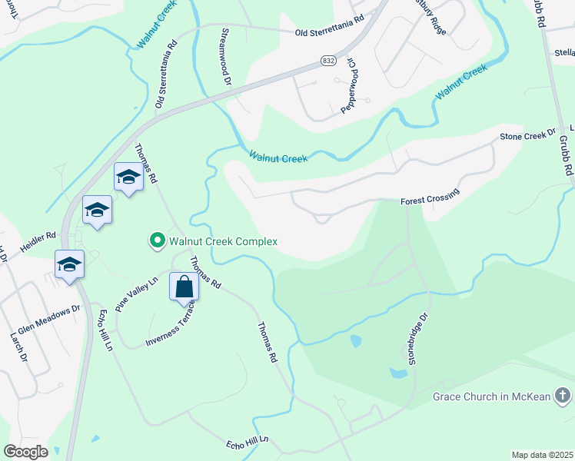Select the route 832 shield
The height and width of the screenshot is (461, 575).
[x=327, y=59]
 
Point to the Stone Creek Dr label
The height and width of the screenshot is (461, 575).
[x=527, y=134]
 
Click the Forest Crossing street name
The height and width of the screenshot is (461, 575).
[x=430, y=196]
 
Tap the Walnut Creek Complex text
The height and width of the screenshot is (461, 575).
[x=223, y=241]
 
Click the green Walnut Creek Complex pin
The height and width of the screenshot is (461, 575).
[x=158, y=241]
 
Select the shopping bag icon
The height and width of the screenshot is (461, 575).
[x=184, y=287]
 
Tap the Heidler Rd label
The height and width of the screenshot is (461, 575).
[x=40, y=235]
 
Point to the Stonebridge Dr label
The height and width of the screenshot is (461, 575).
[x=417, y=339]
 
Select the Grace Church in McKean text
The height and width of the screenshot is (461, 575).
[x=490, y=396]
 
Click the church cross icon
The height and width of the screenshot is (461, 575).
[x=562, y=396]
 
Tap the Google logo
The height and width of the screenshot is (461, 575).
[x=25, y=451]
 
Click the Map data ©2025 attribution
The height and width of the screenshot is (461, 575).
[x=543, y=455]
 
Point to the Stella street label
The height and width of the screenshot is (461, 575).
[x=563, y=53]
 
